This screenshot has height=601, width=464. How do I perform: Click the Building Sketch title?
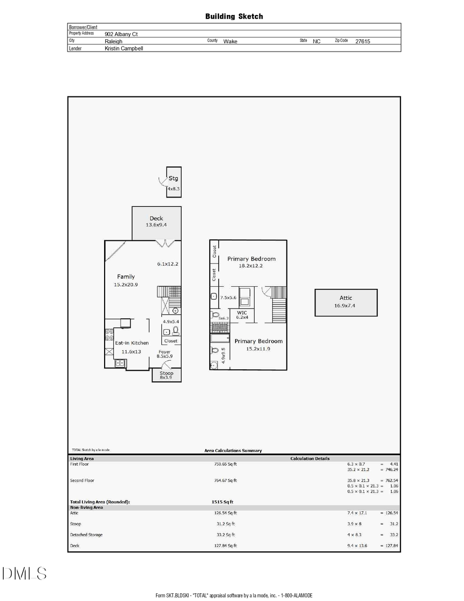[x=234, y=17]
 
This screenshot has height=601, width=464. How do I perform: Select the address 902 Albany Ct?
[x=121, y=34]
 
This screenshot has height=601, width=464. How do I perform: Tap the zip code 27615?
[x=362, y=41]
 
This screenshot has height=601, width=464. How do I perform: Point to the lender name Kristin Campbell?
[x=124, y=48]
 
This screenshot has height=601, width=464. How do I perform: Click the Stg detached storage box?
[x=174, y=182]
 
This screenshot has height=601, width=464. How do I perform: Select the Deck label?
[x=156, y=218]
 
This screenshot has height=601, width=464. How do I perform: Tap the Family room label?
[x=126, y=277]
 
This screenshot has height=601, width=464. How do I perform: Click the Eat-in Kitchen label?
[x=131, y=343]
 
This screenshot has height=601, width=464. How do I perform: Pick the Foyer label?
[x=164, y=352]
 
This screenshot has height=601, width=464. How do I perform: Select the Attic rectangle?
[x=346, y=302]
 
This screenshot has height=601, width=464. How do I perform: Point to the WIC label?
[x=242, y=313]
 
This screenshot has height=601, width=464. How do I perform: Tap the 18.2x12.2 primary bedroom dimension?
[x=251, y=266]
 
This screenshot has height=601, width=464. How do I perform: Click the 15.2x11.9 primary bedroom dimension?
[x=258, y=349]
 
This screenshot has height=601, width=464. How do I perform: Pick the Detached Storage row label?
[x=86, y=534]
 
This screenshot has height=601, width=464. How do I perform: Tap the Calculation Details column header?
[x=310, y=458]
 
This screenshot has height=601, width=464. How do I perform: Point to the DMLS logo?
[x=24, y=573]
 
